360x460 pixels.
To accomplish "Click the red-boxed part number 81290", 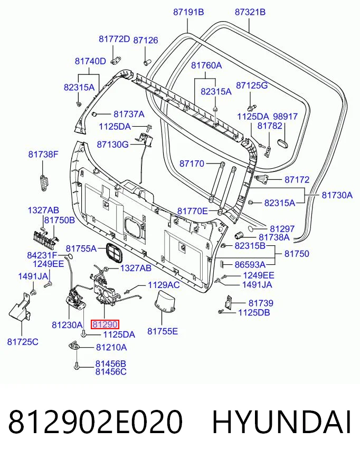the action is [105, 324].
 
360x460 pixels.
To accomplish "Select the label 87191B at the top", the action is [188, 12].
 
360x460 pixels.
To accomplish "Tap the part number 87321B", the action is [250, 12].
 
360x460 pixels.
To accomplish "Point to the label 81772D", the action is [114, 39].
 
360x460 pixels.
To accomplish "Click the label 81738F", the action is [43, 154].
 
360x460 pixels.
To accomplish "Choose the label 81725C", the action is [23, 342].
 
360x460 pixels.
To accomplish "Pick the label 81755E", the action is [163, 331].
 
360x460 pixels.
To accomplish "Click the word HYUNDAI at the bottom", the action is [281, 422].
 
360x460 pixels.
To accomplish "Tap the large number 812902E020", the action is [96, 422].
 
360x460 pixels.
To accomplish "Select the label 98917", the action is [286, 117].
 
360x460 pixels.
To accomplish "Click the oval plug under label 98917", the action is [283, 143].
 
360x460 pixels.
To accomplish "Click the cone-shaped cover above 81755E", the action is [165, 302].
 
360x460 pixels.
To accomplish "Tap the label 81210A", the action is [111, 347].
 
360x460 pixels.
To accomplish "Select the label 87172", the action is [297, 179].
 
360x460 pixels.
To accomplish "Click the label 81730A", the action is [337, 195].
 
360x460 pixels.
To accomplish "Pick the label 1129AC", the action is [164, 284].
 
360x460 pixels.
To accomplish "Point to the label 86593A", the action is [250, 265].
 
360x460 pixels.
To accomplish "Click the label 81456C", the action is [111, 372].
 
